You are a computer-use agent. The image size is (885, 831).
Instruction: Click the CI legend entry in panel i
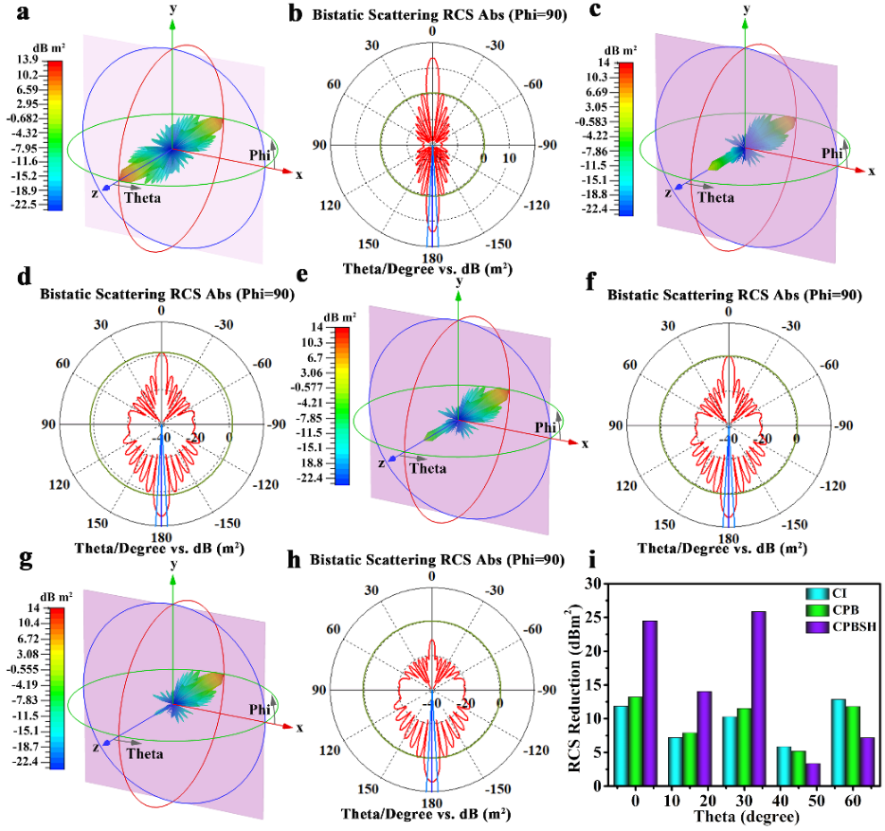(817, 594)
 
